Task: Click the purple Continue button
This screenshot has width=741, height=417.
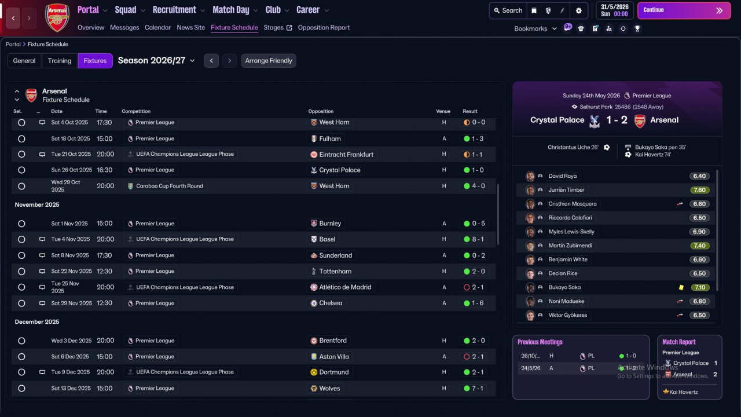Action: pos(683,10)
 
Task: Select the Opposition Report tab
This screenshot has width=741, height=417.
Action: pos(324,28)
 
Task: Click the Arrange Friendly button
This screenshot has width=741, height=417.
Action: pos(269,61)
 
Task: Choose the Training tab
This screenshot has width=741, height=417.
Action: pos(60,61)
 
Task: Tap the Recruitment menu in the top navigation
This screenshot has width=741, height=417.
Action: pos(178,10)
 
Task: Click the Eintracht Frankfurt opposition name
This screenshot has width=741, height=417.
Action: pos(346,155)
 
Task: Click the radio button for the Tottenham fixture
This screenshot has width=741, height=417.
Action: pos(21,272)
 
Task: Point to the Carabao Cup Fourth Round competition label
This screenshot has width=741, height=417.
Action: pos(169,186)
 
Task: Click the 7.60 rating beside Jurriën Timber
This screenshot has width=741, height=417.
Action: pos(699,190)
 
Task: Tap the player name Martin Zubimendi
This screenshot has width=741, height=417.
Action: pos(570,246)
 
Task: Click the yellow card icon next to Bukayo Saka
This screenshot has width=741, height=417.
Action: pos(681,287)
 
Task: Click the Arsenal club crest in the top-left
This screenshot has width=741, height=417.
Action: pos(57,17)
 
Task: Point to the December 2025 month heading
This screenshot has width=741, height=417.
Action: pos(37,322)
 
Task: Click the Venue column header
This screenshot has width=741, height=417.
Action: pos(443,111)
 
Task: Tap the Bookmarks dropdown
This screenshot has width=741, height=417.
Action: pos(535,28)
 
